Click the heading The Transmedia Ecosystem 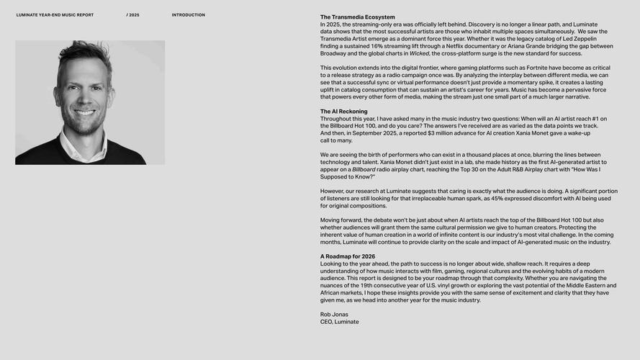click(357, 17)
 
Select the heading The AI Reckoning click(343, 112)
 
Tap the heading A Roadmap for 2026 click(348, 256)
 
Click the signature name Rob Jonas click(334, 315)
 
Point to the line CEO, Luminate click(339, 322)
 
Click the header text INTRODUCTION click(188, 15)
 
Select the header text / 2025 click(133, 15)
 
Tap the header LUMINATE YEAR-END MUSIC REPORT click(55, 15)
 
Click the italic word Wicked click(419, 53)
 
